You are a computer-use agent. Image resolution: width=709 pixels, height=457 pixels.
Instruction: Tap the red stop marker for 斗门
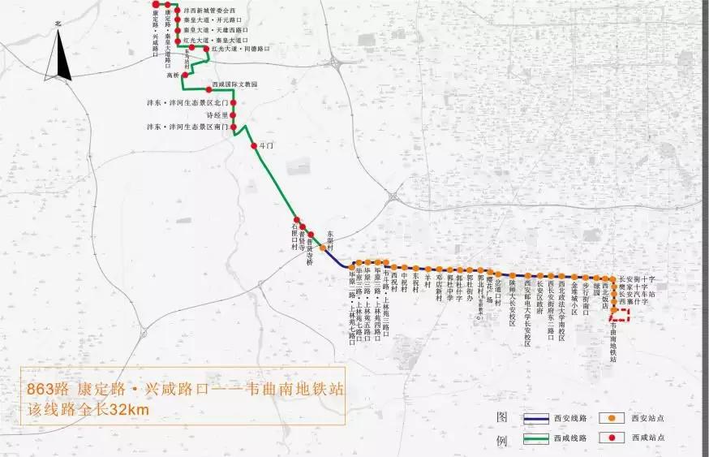[x=255, y=146]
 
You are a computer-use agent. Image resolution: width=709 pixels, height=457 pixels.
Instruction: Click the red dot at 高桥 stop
[x=183, y=75]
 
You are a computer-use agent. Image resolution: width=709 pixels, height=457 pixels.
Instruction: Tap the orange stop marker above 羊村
[x=425, y=267]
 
